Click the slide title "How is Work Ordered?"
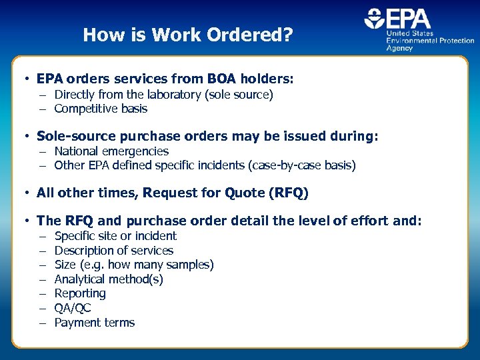click(x=187, y=35)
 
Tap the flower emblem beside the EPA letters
click(x=373, y=19)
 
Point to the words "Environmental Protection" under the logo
click(x=431, y=41)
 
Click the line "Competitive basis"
click(x=101, y=109)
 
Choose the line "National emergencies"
click(x=111, y=151)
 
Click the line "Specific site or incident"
click(x=115, y=236)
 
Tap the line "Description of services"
click(x=113, y=251)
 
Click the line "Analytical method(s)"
click(x=109, y=279)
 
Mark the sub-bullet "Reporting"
click(x=80, y=294)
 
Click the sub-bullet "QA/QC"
click(x=73, y=308)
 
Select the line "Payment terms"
click(x=95, y=323)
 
